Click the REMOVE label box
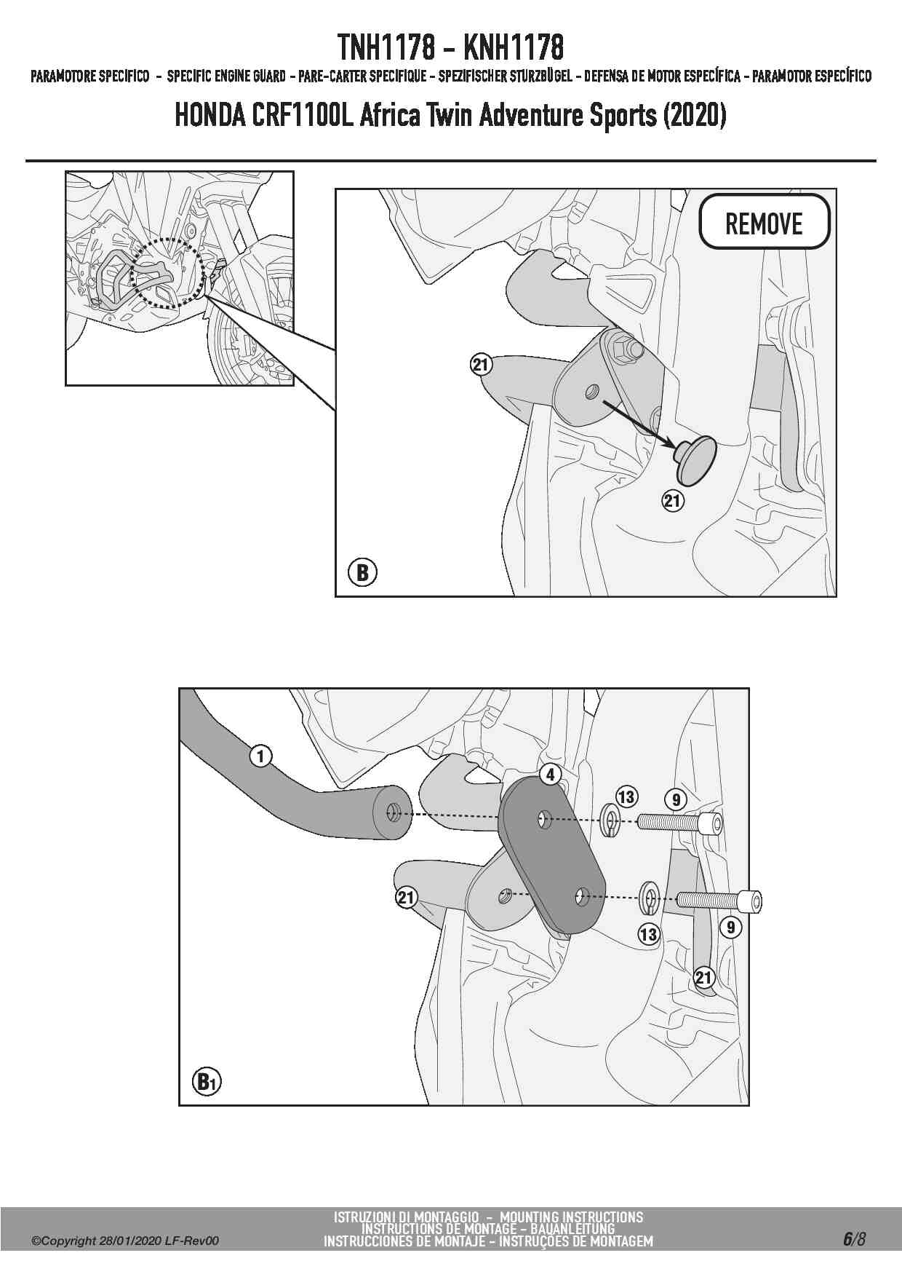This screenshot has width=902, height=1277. point(764,222)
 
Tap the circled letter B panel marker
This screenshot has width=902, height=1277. point(362,572)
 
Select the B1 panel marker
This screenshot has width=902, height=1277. point(207,1081)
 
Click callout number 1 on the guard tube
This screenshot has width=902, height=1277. point(260,756)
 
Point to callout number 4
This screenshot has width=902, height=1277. point(551,774)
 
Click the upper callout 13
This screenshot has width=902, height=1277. point(626,796)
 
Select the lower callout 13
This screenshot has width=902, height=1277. point(648,934)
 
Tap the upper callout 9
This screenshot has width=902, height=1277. point(676,800)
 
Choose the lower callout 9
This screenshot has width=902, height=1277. point(730,927)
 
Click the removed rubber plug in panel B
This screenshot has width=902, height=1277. point(695,459)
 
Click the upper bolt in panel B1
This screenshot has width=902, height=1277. point(681,823)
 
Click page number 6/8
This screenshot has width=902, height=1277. point(854,1238)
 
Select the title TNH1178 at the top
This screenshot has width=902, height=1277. point(385,48)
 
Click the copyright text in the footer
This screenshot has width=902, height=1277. point(124,1241)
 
